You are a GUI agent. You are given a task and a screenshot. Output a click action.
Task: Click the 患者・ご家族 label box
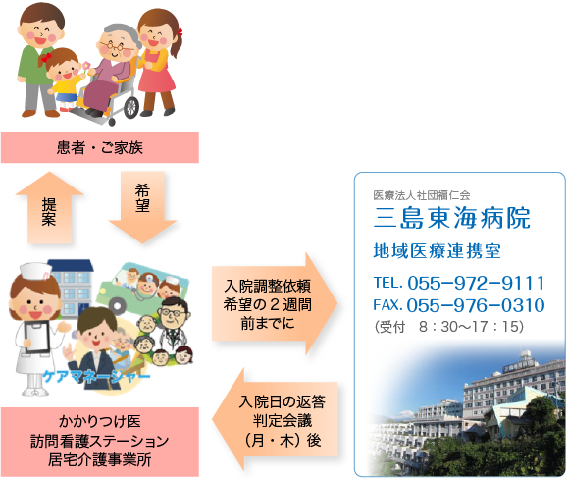100,147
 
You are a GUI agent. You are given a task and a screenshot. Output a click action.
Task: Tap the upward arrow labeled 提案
50,208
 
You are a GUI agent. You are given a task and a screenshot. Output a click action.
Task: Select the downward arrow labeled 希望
142,207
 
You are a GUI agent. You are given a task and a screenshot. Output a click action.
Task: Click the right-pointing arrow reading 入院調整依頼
275,303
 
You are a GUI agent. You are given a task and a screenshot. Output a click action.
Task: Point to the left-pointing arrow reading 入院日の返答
275,419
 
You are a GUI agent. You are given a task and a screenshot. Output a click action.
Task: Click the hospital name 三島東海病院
452,218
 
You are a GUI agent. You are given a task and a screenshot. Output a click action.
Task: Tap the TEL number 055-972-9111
476,283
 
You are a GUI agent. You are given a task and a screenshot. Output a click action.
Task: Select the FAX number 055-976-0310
476,305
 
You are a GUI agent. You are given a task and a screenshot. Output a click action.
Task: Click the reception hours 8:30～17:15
471,326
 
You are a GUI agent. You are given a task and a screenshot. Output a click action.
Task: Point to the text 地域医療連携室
437,251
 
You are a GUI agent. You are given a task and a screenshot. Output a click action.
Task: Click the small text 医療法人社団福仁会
422,195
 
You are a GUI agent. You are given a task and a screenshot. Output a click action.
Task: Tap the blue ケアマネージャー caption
96,377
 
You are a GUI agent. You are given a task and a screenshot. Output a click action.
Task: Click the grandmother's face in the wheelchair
116,45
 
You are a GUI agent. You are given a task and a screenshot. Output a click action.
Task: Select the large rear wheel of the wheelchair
130,107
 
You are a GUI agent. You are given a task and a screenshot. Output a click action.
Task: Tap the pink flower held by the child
86,66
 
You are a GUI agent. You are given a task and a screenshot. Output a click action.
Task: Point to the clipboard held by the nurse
36,338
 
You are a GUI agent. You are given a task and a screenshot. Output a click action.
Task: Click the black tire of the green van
117,306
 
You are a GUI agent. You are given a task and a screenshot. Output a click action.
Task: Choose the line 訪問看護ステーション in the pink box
100,441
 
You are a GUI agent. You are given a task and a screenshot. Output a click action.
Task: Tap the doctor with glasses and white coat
174,325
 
